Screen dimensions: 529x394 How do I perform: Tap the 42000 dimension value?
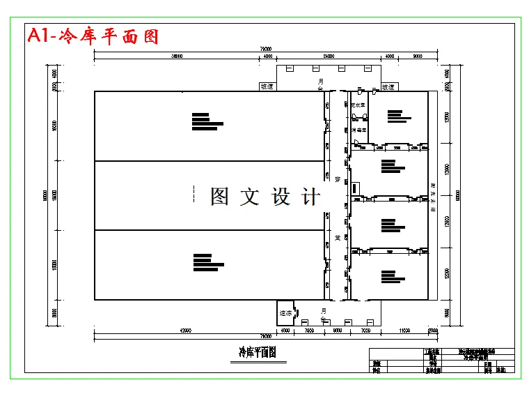click(186, 329)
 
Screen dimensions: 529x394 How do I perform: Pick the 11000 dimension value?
click(403, 329)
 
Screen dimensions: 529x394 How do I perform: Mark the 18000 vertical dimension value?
click(54, 265)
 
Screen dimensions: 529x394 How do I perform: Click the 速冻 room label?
click(285, 313)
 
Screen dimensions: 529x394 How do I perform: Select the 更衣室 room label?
click(358, 105)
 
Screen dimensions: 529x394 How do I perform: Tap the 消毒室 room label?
click(358, 130)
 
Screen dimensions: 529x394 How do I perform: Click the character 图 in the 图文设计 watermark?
click(220, 197)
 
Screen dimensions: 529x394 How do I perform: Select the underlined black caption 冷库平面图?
click(258, 352)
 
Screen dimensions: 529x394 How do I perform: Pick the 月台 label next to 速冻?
click(322, 312)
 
